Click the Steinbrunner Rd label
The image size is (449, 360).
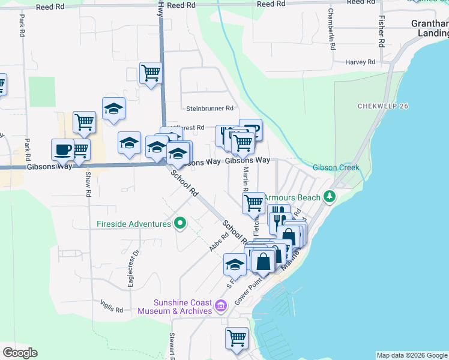pyautogui.click(x=209, y=109)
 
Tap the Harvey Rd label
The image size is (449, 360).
pyautogui.click(x=360, y=62)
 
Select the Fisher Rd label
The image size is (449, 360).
pyautogui.click(x=381, y=31)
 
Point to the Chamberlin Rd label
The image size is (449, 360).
pyautogui.click(x=331, y=28)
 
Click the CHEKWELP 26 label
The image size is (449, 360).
pyautogui.click(x=383, y=106)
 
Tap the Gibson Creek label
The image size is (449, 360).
pyautogui.click(x=336, y=167)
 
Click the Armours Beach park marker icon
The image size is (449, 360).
pyautogui.click(x=329, y=197)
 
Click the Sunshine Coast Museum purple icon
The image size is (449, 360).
pyautogui.click(x=220, y=307)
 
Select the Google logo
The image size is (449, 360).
pyautogui.click(x=20, y=353)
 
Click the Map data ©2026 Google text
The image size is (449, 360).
pyautogui.click(x=411, y=355)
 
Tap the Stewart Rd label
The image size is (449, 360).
pyautogui.click(x=172, y=346)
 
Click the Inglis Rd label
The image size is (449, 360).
pyautogui.click(x=112, y=310)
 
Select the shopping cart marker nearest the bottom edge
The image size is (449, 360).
pyautogui.click(x=237, y=337)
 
